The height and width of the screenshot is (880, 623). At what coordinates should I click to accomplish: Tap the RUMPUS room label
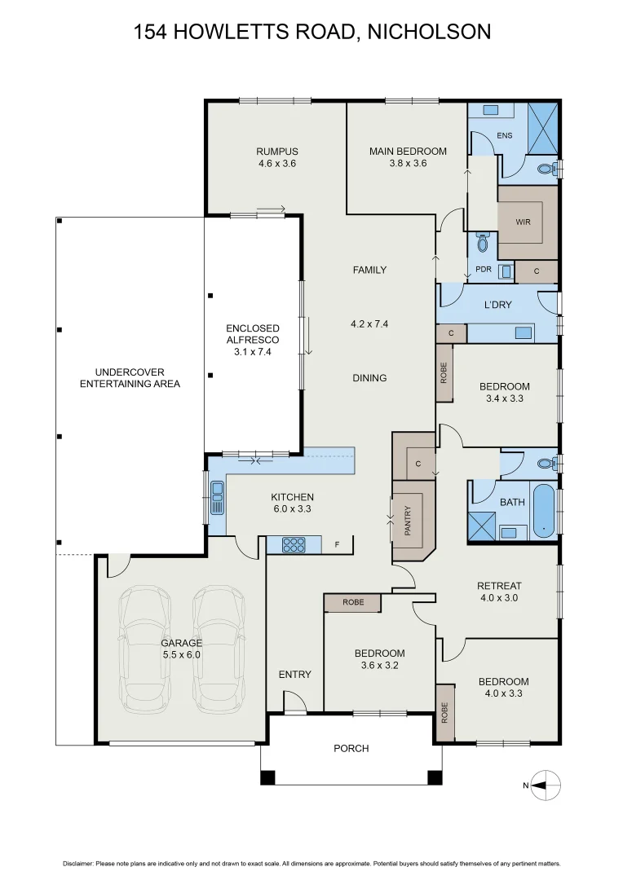276,152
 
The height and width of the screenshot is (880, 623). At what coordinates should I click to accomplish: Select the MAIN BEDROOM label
408,152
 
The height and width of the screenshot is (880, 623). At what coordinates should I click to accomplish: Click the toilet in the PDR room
482,244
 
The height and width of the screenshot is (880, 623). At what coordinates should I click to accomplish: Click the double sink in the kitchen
217,498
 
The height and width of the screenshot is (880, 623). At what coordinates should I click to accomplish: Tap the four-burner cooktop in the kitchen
293,545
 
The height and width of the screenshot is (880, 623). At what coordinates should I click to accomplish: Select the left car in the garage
145,649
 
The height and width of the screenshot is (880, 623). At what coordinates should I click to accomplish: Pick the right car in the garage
219,649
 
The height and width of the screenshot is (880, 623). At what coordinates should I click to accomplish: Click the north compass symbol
546,785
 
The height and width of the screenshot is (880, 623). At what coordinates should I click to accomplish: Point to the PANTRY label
408,522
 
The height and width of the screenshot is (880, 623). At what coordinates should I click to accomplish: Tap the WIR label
523,221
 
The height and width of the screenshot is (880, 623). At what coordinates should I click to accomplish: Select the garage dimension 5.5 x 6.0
181,654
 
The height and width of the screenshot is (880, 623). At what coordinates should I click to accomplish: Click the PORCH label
351,748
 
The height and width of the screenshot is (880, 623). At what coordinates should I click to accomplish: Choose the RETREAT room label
498,586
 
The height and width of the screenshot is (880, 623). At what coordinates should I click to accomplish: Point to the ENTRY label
294,674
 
